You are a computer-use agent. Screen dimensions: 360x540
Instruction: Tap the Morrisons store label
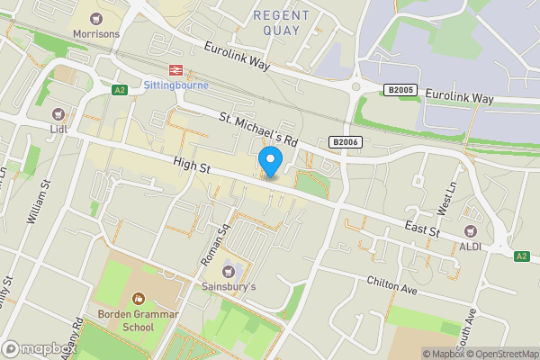point(96,34)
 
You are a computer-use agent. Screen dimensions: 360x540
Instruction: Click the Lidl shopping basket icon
point(59,113)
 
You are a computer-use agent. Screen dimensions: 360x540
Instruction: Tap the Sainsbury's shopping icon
point(228,269)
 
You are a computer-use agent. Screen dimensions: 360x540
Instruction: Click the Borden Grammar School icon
point(139,298)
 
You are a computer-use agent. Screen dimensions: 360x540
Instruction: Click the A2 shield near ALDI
point(521,256)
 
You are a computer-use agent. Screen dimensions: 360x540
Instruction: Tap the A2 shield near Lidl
point(119,90)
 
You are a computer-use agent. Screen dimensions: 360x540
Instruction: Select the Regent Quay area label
point(282,22)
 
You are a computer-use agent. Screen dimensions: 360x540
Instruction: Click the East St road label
point(421,231)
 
